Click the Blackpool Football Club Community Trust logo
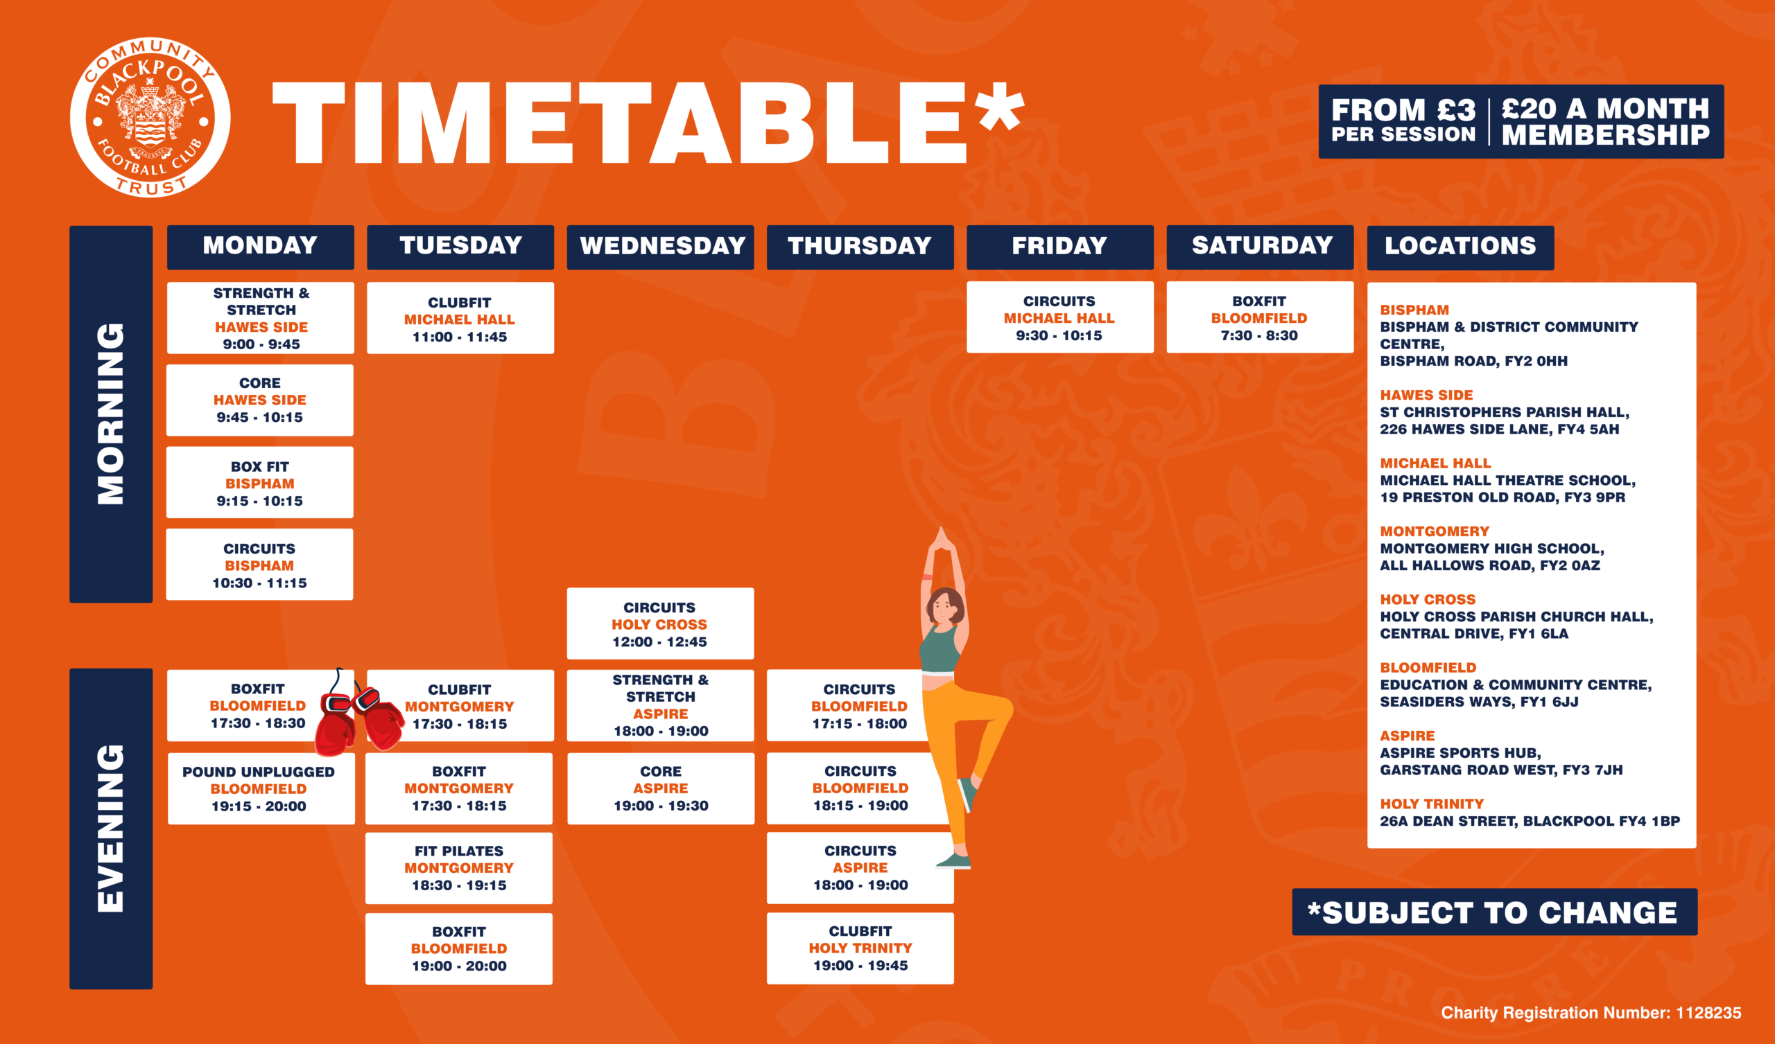[150, 118]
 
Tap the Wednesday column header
[660, 247]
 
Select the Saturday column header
[1260, 247]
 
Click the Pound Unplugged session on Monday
[261, 788]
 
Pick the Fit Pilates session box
[458, 868]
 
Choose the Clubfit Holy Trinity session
[860, 948]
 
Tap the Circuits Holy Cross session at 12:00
[660, 623]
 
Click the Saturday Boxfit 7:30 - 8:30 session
[1260, 317]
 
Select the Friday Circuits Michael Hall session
[1060, 317]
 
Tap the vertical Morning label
[110, 414]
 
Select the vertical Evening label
[110, 829]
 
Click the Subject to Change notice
[1495, 912]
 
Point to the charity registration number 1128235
[1591, 1012]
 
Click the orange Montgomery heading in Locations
[1434, 531]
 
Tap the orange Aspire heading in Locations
[1407, 736]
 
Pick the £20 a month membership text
[1605, 122]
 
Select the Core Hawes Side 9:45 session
[260, 400]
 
